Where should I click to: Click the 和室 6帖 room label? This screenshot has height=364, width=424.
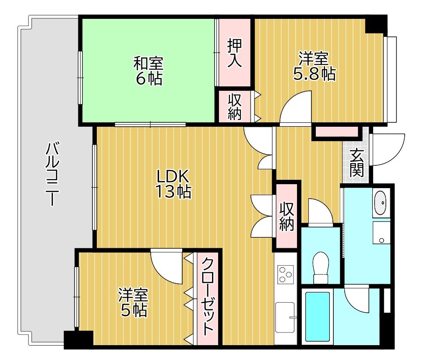click(x=148, y=71)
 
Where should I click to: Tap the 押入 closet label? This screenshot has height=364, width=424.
click(x=234, y=54)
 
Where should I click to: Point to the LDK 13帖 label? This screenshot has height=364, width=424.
click(x=173, y=184)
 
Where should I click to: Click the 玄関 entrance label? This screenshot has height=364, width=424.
click(x=357, y=163)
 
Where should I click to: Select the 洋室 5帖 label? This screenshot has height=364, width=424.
click(x=133, y=302)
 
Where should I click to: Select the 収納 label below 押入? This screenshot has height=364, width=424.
click(x=235, y=107)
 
